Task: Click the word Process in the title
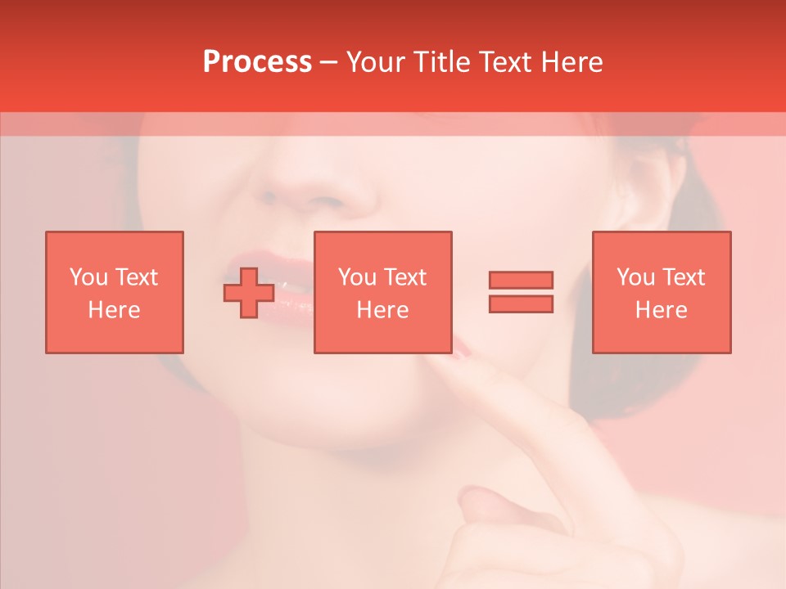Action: pos(257,62)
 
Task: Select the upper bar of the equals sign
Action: pos(521,280)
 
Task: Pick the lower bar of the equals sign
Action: pos(521,303)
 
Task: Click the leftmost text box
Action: pos(115,292)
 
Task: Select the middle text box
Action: pos(383,292)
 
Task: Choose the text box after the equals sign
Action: pos(662,292)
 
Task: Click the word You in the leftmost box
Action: pos(88,277)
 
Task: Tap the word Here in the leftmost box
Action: pos(115,310)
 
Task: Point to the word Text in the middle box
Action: pos(404,277)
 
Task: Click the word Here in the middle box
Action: pos(383,310)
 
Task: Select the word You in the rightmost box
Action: pos(635,277)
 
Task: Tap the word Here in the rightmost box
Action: pos(662,310)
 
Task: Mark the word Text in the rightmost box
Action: pos(683,277)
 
